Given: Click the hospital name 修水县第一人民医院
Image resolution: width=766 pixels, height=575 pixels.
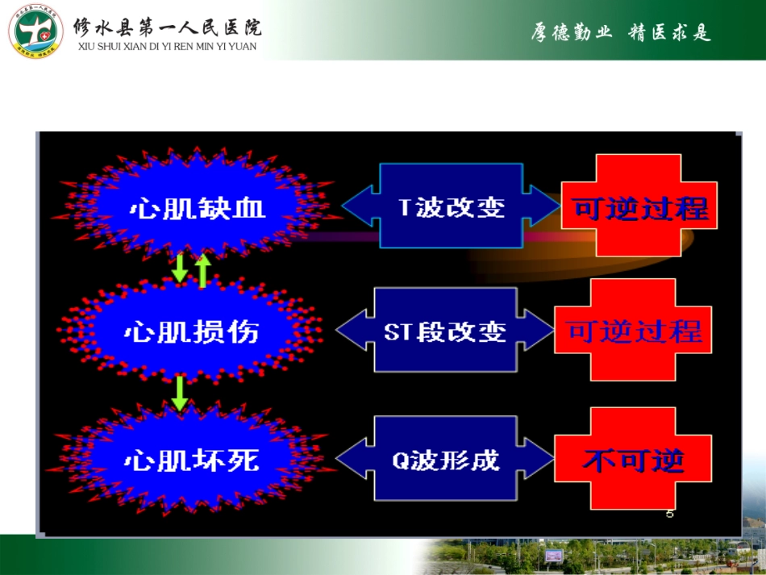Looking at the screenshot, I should [x=168, y=27].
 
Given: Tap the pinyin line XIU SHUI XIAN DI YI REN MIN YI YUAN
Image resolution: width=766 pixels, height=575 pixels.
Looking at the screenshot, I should [x=167, y=47].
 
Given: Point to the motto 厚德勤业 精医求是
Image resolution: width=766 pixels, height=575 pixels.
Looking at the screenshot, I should [x=621, y=32].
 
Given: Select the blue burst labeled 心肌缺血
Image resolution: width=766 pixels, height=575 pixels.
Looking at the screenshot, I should [x=196, y=208].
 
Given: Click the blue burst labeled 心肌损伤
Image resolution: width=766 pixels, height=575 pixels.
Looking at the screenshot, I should [x=191, y=331].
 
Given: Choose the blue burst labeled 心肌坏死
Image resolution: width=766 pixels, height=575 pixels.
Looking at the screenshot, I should [x=191, y=460].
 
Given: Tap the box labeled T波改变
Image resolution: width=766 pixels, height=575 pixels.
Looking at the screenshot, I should [x=452, y=206].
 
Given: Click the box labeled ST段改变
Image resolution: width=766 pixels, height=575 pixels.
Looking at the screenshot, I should [x=445, y=331].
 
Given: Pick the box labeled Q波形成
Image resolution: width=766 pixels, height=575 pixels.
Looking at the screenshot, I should [x=445, y=460].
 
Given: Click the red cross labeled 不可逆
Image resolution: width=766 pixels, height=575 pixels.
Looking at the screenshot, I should [x=634, y=460].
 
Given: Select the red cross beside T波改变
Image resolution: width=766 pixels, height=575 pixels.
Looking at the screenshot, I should [x=640, y=206].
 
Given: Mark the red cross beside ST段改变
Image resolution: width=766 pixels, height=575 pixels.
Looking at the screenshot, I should [x=634, y=331].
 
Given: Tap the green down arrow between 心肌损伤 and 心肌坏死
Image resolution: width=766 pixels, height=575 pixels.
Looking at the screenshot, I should [x=180, y=393].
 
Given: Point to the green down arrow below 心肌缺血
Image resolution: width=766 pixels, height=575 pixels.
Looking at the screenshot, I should [x=180, y=269].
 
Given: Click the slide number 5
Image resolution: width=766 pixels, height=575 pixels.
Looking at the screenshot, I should [x=669, y=514].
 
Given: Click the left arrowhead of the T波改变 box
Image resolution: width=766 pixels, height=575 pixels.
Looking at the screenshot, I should [x=357, y=206].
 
